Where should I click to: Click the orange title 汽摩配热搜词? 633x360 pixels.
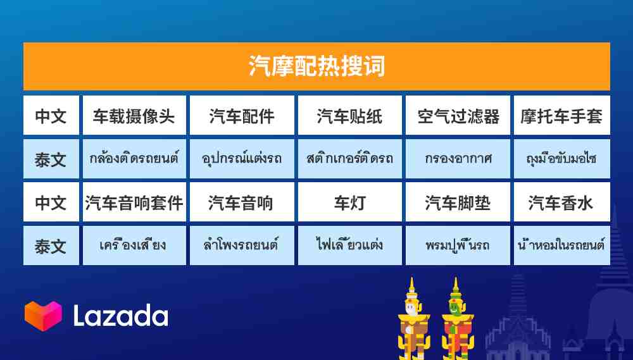point(316,66)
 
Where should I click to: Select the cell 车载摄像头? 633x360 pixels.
point(134,115)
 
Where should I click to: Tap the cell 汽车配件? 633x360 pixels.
point(242,115)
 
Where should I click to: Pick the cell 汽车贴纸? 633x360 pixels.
point(349,115)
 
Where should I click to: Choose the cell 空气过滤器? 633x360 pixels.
point(458,115)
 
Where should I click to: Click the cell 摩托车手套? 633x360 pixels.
point(562,115)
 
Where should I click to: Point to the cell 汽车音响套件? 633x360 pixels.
point(134,202)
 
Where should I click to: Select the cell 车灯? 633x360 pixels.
point(349,202)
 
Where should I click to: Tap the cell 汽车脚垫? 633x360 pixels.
point(458,202)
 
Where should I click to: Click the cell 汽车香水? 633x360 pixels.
point(562,202)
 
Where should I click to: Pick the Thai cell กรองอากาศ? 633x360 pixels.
point(458,159)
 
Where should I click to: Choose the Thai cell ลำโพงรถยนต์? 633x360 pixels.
point(242,245)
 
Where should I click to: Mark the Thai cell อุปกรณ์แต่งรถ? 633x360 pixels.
point(242,159)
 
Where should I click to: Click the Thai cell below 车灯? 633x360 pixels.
point(349,245)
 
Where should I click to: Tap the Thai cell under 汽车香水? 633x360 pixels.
point(562,245)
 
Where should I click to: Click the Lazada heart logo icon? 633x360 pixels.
point(43,316)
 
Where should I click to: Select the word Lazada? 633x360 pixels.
point(120,316)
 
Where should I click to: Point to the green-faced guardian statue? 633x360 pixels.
point(457,319)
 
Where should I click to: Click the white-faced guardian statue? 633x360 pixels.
point(413,319)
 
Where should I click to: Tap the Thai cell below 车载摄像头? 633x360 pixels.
point(134,159)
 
